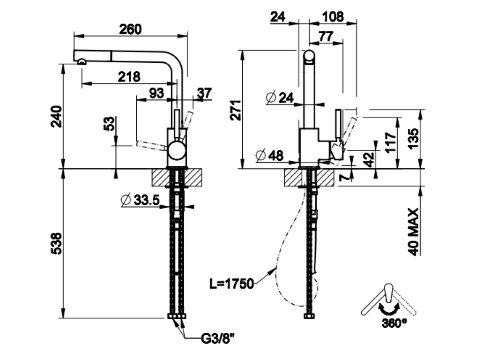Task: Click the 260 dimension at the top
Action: pos(130,29)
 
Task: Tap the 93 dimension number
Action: pos(156,93)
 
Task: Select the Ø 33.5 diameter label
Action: pos(141,200)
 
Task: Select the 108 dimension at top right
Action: pos(334,17)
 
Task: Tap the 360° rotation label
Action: pos(394,323)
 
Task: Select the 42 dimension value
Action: pos(370,159)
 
